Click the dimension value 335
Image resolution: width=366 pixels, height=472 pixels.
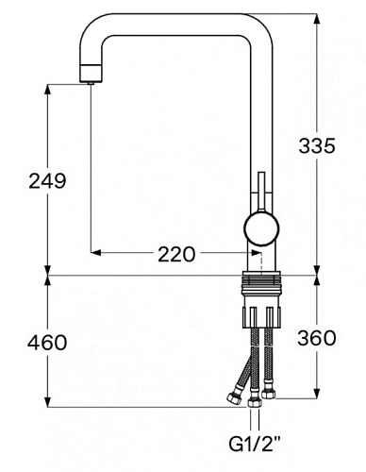click(x=317, y=146)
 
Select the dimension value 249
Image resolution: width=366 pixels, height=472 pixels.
click(x=47, y=181)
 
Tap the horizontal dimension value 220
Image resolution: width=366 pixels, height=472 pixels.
click(x=176, y=254)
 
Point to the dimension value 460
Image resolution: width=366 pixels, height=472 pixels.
click(x=47, y=343)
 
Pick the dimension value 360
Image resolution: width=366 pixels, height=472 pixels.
click(x=317, y=339)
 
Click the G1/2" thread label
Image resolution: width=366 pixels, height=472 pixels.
click(x=255, y=445)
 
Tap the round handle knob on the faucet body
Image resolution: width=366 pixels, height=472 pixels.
click(x=261, y=228)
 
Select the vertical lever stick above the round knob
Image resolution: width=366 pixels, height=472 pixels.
click(x=261, y=192)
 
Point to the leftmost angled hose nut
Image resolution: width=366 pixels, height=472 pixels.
click(x=234, y=398)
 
